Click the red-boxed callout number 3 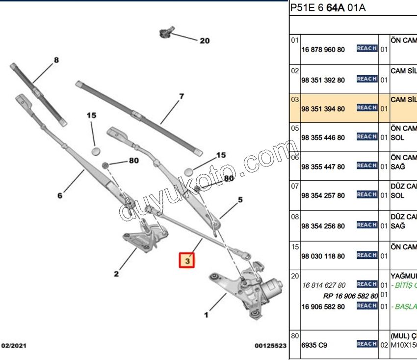(187, 260)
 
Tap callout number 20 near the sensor (204, 41)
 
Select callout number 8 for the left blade (56, 60)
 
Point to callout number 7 (181, 96)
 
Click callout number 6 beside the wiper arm (60, 195)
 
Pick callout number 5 (240, 200)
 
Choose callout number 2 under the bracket (116, 274)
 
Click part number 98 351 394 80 (323, 109)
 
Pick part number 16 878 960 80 (323, 50)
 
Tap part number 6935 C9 (314, 345)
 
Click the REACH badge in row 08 (366, 225)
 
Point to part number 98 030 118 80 (323, 256)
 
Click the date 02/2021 (14, 346)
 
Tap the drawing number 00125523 (270, 346)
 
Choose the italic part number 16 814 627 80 (324, 285)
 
